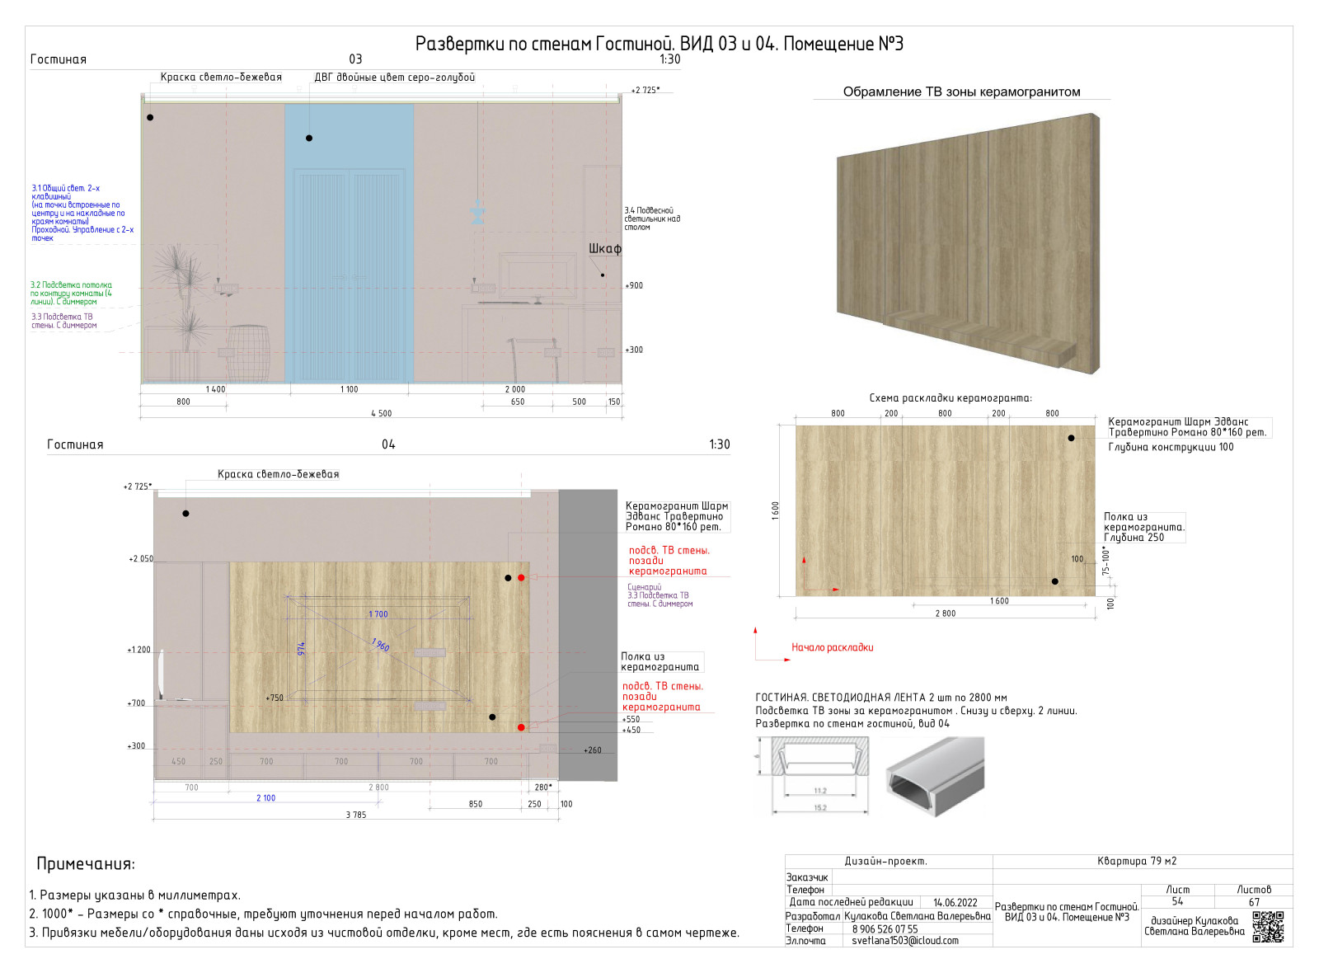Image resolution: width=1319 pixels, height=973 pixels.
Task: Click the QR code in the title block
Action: (x=1268, y=926)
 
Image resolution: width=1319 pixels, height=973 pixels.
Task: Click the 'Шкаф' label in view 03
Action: (x=604, y=248)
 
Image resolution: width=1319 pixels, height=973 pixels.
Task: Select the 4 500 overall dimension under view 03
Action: (x=381, y=413)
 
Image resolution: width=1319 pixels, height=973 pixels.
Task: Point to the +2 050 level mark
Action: (x=141, y=559)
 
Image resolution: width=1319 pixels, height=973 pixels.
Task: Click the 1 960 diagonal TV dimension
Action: (x=380, y=644)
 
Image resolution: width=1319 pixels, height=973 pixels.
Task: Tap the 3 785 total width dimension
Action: (x=356, y=815)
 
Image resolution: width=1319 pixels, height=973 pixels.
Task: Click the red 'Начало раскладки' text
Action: (x=832, y=647)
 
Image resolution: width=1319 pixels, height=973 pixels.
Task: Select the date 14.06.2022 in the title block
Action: (x=955, y=902)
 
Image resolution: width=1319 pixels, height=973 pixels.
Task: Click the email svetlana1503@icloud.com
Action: (x=904, y=940)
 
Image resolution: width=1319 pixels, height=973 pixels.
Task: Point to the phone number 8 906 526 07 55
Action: (x=885, y=928)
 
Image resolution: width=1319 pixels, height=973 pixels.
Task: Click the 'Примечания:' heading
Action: (x=86, y=864)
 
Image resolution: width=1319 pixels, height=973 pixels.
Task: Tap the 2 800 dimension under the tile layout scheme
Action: (x=945, y=613)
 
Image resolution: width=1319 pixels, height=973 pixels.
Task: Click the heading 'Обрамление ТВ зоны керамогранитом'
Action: (x=961, y=92)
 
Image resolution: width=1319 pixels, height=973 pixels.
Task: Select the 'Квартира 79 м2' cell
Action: (x=1137, y=861)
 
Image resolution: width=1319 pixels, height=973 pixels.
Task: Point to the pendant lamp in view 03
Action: (x=477, y=212)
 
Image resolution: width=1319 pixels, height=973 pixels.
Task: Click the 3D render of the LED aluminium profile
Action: (x=935, y=776)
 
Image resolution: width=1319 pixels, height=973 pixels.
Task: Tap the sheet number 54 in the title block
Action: (x=1177, y=901)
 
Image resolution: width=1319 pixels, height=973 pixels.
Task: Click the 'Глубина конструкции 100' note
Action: (x=1171, y=447)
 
